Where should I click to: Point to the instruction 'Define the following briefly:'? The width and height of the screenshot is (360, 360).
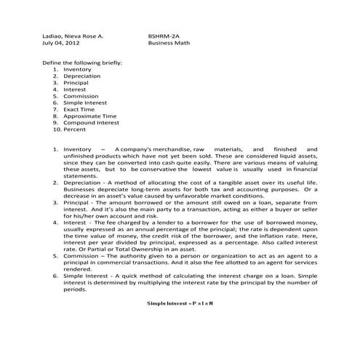coord(83,63)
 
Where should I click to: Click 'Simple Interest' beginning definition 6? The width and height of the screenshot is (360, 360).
coord(85,277)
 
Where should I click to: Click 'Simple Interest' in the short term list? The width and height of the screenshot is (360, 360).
coord(85,103)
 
